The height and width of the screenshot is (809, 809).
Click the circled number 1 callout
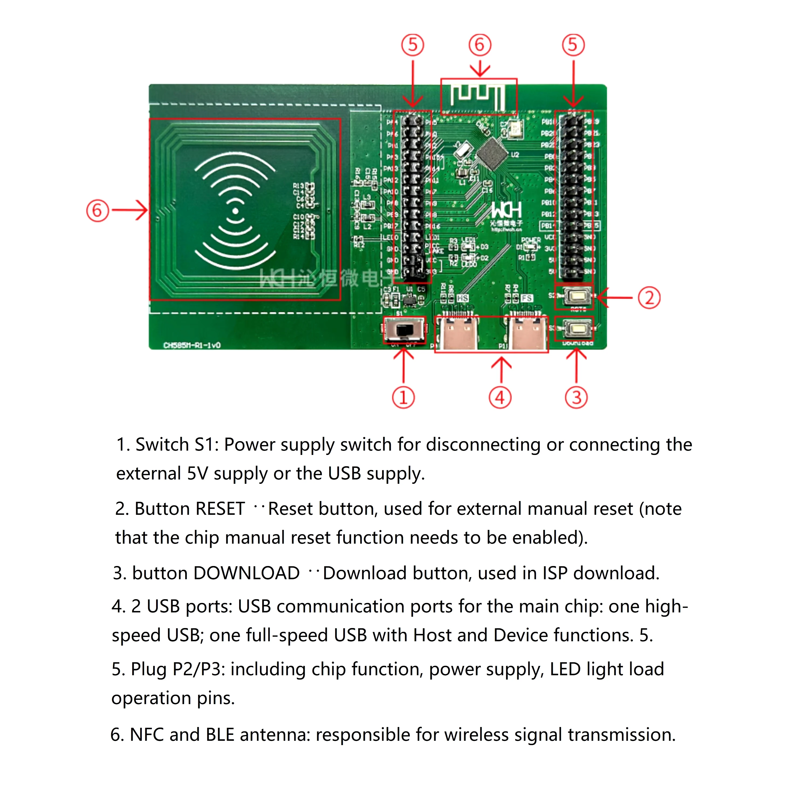click(403, 397)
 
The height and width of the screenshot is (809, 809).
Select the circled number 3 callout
click(576, 397)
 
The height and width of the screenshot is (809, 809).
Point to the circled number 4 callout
click(500, 397)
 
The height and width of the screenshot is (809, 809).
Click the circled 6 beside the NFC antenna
click(97, 210)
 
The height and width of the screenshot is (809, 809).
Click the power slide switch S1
click(404, 330)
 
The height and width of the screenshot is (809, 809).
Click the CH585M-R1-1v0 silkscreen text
click(192, 345)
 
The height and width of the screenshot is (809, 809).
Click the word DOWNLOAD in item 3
click(246, 573)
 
